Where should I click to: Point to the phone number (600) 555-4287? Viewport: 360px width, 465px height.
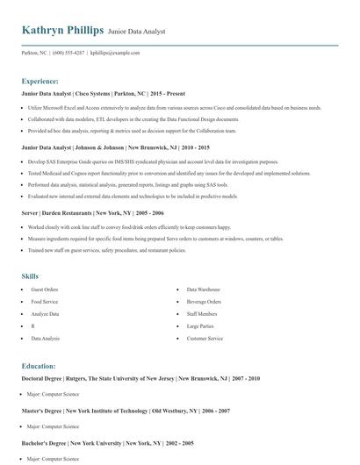tap(69, 53)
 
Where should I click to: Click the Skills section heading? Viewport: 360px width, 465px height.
tap(30, 276)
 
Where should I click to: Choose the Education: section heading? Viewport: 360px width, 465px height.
tap(39, 366)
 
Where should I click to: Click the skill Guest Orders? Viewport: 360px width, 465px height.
tap(45, 289)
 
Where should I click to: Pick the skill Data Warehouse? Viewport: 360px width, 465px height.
tap(203, 289)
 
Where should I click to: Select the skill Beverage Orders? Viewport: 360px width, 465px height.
tap(204, 301)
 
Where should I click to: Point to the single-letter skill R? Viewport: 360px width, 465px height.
tap(33, 325)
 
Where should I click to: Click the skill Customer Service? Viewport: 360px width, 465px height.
tap(205, 338)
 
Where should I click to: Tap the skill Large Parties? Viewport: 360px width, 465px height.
tap(200, 325)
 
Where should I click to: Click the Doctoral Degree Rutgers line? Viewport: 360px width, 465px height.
tap(140, 378)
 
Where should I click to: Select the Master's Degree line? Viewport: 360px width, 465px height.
tap(126, 411)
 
